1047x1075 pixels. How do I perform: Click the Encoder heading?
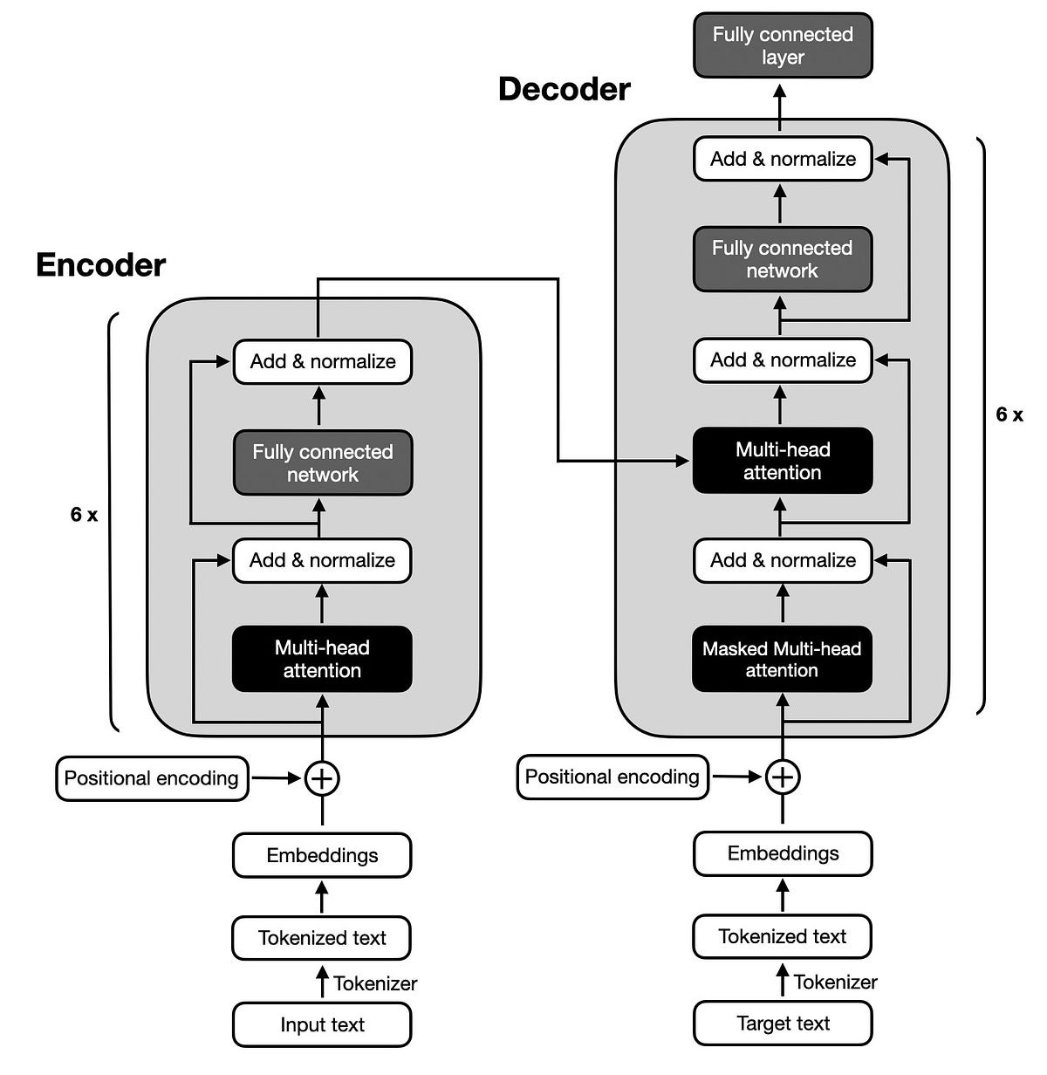tap(100, 265)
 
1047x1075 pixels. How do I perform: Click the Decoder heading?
tap(564, 89)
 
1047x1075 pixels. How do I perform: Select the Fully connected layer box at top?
tap(783, 45)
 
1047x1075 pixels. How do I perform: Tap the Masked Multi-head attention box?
tap(782, 659)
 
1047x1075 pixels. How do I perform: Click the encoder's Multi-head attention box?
tap(322, 659)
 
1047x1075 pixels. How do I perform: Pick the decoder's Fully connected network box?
tap(782, 259)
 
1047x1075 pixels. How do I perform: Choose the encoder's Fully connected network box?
tap(323, 463)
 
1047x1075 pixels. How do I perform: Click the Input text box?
tap(322, 1024)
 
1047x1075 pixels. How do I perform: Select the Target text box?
tap(783, 1023)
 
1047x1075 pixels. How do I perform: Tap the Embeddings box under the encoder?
tap(322, 855)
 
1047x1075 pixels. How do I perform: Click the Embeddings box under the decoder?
tap(783, 853)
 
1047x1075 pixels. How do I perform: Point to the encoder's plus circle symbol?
tap(322, 777)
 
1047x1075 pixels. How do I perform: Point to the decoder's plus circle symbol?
tap(783, 776)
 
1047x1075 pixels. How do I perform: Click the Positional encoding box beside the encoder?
tap(152, 778)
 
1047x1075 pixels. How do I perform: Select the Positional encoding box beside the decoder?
tap(612, 777)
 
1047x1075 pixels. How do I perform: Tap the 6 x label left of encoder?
tap(84, 515)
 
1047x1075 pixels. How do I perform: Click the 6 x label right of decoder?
tap(1009, 414)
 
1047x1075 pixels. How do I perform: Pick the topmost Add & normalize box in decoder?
tap(783, 159)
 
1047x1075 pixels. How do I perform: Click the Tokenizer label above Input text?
tap(375, 983)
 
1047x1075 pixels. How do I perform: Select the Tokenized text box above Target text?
tap(783, 936)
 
